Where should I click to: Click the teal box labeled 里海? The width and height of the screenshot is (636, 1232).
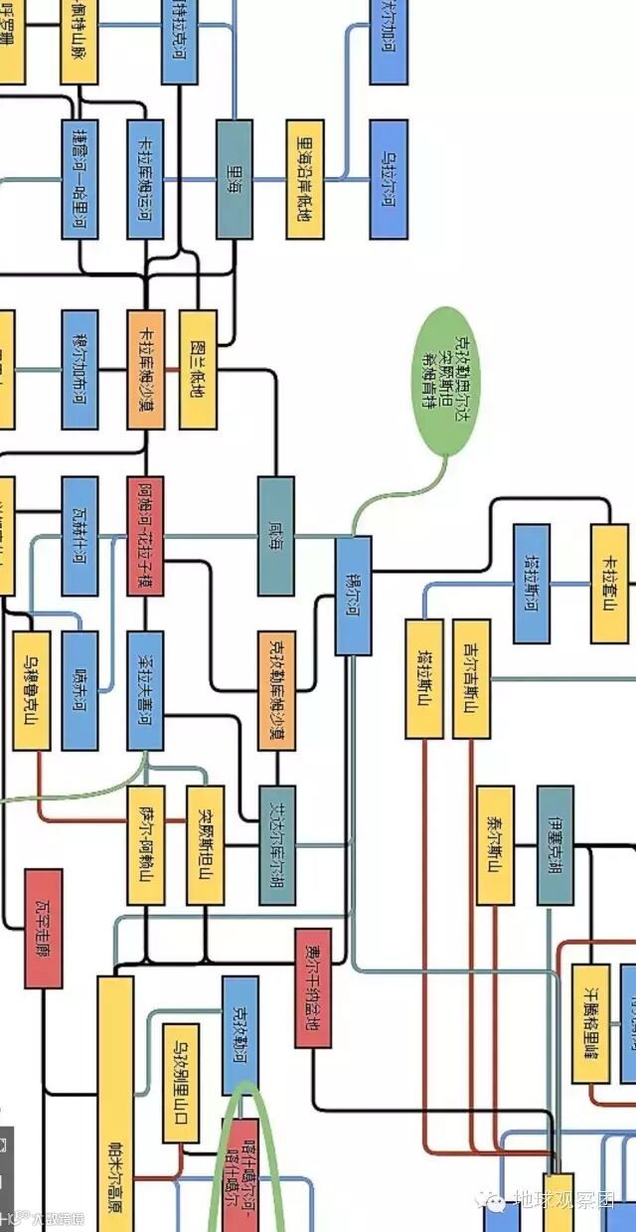pos(235,179)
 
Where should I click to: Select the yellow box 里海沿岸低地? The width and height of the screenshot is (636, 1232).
pos(305,179)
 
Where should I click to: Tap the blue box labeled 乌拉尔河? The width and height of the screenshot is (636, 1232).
pos(389,179)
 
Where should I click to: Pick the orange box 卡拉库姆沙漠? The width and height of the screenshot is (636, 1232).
pos(146,369)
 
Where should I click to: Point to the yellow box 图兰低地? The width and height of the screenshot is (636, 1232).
pos(198,369)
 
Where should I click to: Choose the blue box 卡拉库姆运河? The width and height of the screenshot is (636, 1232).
pos(146,179)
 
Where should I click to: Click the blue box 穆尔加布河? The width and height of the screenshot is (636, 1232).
pos(79,369)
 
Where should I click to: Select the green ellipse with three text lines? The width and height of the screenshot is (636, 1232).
pos(446,381)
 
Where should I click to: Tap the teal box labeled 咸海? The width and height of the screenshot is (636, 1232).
pos(275,535)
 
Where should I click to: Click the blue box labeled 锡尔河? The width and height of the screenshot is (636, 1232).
pos(353,595)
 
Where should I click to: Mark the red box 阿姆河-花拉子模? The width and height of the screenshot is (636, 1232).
pos(146,535)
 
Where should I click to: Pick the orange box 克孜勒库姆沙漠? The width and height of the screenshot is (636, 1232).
pos(276,689)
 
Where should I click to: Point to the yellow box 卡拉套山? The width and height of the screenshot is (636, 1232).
pos(609,583)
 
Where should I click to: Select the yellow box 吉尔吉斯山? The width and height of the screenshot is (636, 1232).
pos(471,678)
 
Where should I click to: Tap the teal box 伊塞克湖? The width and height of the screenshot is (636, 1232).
pos(555,844)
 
